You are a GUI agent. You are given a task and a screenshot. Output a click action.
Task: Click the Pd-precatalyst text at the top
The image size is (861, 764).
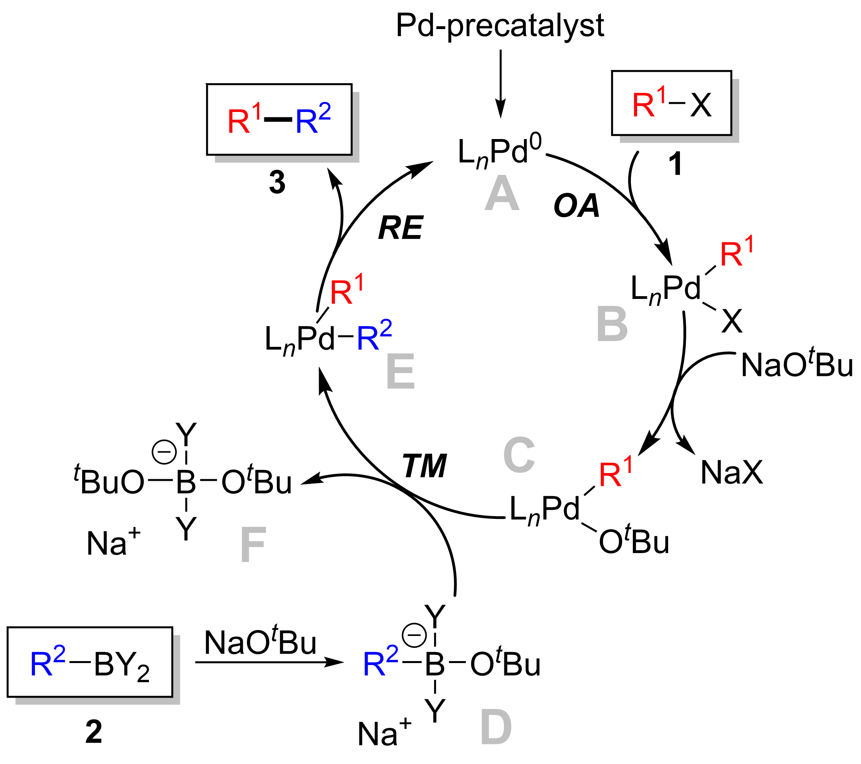(x=500, y=26)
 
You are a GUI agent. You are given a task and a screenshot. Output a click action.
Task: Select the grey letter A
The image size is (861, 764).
(x=502, y=194)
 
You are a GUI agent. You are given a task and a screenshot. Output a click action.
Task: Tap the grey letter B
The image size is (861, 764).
(x=612, y=324)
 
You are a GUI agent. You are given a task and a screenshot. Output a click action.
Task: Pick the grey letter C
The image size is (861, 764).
(x=519, y=455)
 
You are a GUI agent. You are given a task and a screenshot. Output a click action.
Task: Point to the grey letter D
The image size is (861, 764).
(x=496, y=728)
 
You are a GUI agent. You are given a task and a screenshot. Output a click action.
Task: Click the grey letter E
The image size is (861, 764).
(x=400, y=372)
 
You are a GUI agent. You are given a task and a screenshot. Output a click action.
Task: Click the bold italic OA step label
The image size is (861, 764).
(x=576, y=206)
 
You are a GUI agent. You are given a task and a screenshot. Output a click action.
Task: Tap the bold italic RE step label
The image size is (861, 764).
(x=400, y=228)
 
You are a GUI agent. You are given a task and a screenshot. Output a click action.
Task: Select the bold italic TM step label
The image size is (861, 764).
(x=424, y=466)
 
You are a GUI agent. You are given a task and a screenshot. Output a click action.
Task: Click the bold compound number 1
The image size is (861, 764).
(x=675, y=164)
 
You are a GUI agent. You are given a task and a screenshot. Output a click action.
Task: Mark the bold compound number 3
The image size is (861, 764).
(x=277, y=183)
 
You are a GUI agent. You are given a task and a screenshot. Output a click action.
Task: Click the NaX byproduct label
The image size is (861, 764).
(x=732, y=473)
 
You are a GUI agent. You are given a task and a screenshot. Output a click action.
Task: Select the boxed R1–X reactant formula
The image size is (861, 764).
(x=671, y=104)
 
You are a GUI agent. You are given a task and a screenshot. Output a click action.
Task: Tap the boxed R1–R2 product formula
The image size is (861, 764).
(x=279, y=120)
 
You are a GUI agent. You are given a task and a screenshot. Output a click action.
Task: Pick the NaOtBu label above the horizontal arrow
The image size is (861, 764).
(x=260, y=643)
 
